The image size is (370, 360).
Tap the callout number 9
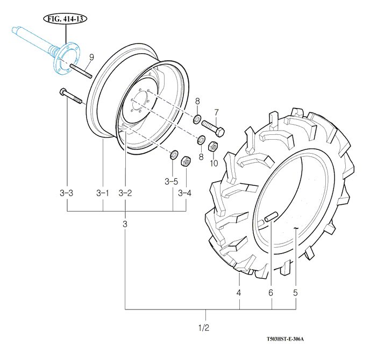[91, 57]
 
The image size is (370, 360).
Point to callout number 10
[214, 163]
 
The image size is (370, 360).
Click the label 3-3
[67, 193]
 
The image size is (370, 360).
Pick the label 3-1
[103, 193]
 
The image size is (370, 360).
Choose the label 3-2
[125, 193]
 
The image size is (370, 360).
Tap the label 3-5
[172, 181]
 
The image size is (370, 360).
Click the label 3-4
[185, 193]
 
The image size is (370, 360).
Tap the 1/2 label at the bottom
[204, 328]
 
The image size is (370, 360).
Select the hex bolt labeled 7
[214, 130]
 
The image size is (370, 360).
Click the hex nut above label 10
[213, 145]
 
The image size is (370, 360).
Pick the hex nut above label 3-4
[186, 161]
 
